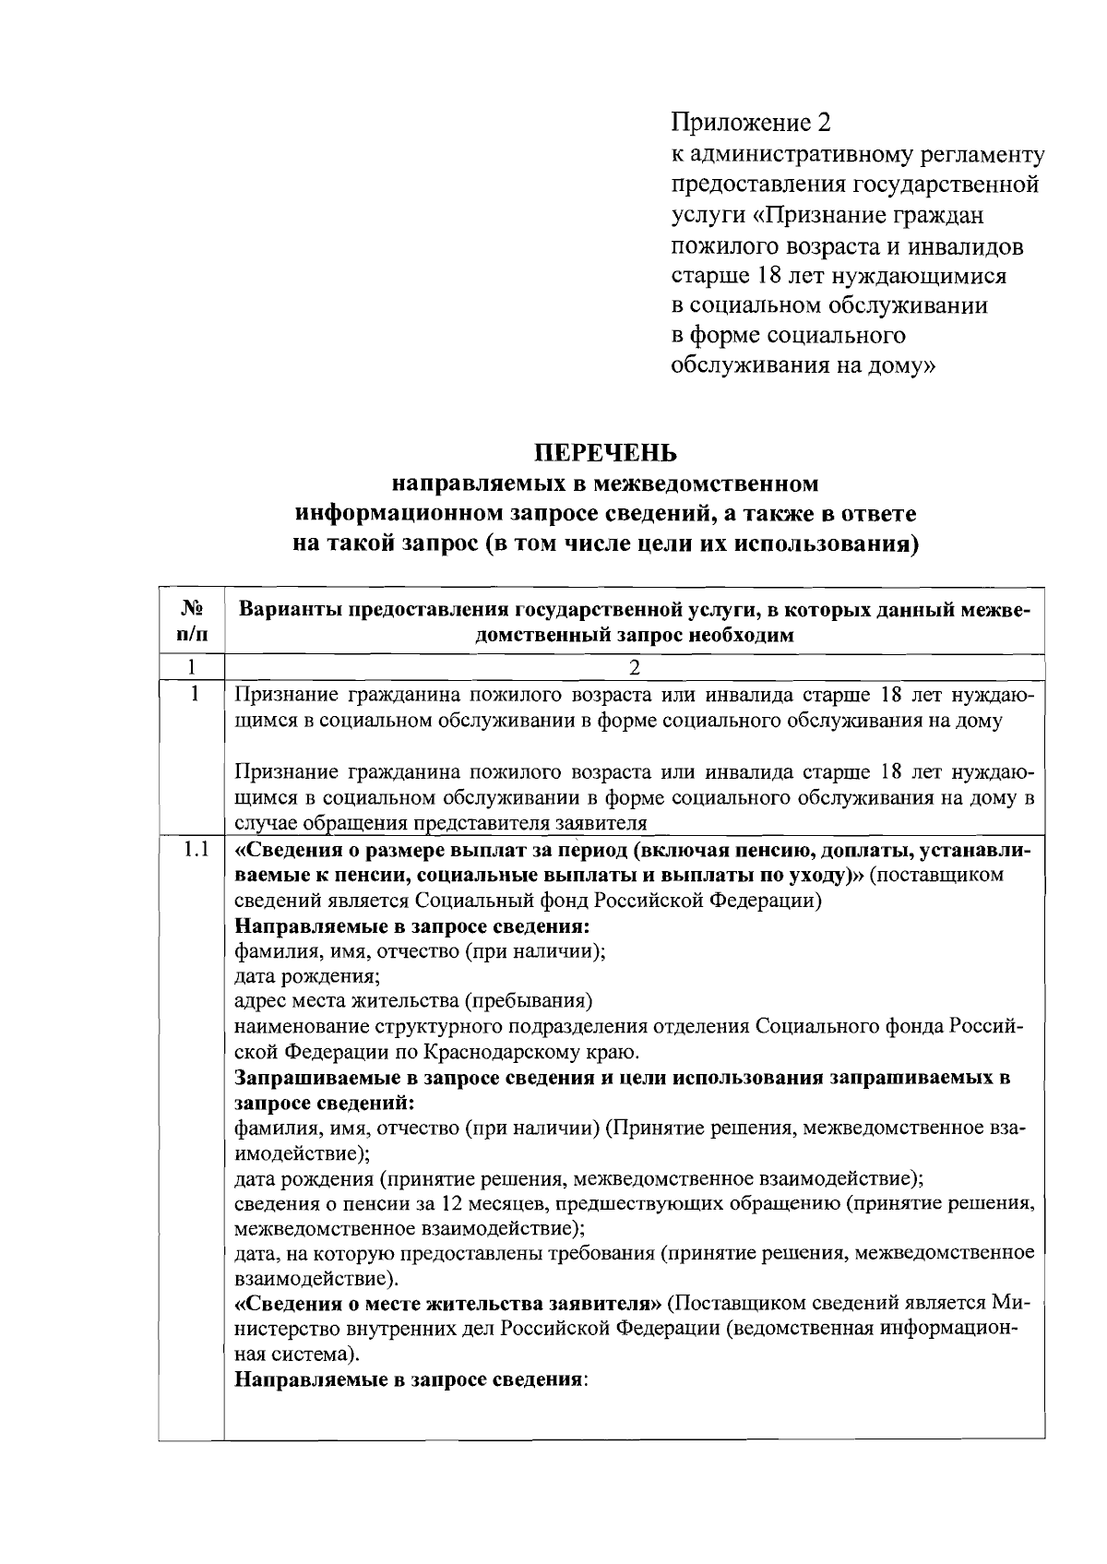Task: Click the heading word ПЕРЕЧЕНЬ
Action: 606,454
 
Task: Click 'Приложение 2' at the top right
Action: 751,123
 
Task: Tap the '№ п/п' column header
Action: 192,620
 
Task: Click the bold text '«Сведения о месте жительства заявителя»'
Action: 448,1304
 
